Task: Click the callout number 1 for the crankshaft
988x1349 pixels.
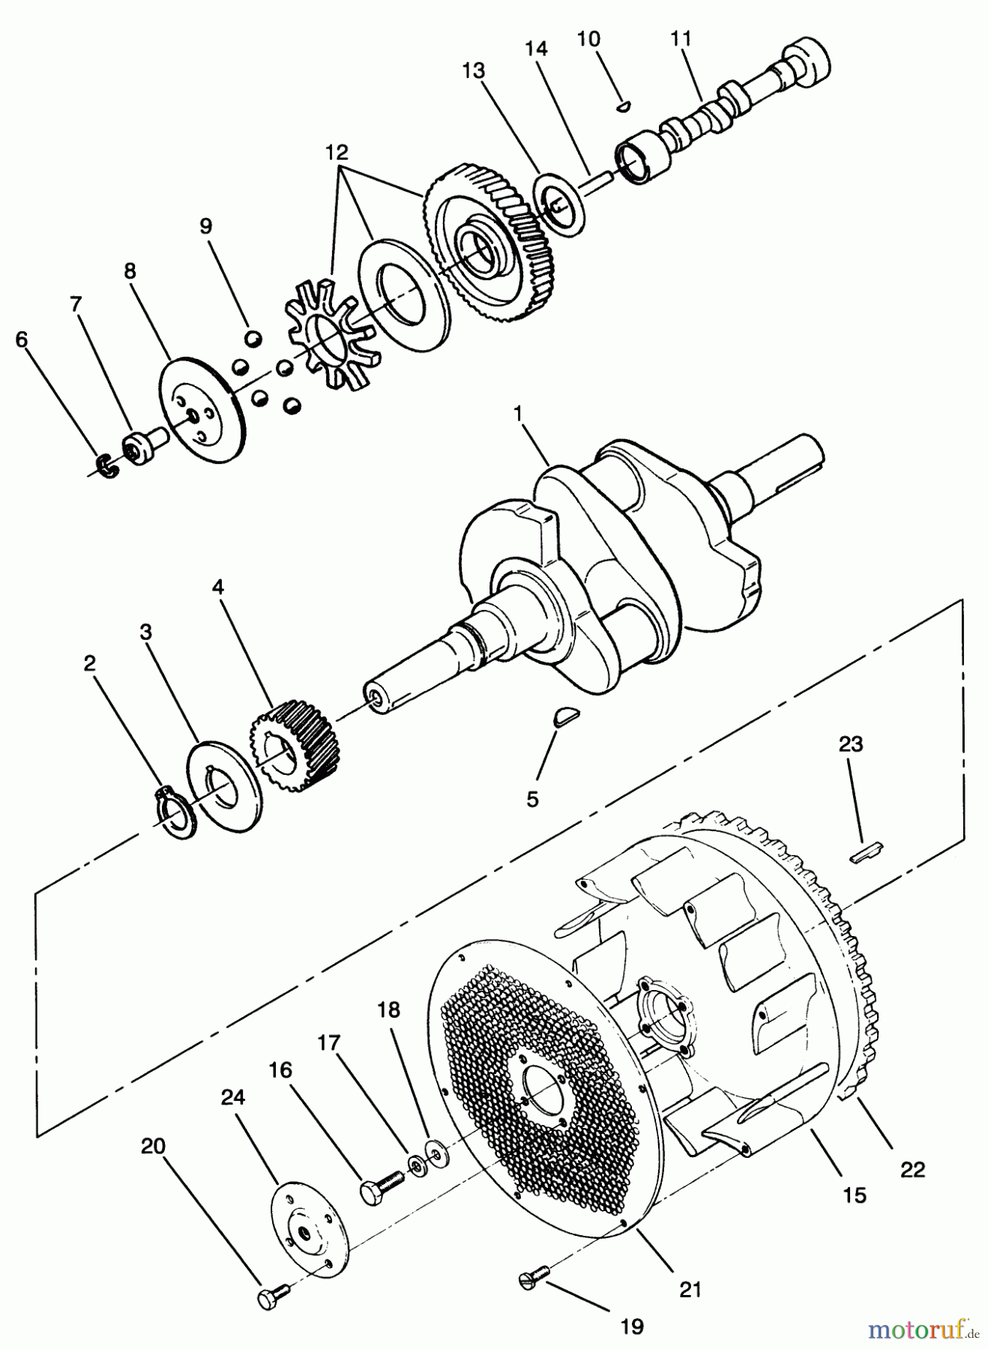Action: click(517, 412)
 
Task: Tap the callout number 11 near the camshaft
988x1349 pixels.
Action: click(681, 39)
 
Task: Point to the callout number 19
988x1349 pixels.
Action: click(632, 1326)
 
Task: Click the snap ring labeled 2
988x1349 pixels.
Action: click(176, 812)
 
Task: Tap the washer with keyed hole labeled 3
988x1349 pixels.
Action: click(223, 788)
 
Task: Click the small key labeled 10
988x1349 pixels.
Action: click(622, 106)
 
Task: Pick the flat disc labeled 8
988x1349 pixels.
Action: click(203, 409)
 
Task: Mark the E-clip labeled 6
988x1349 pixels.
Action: click(109, 466)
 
